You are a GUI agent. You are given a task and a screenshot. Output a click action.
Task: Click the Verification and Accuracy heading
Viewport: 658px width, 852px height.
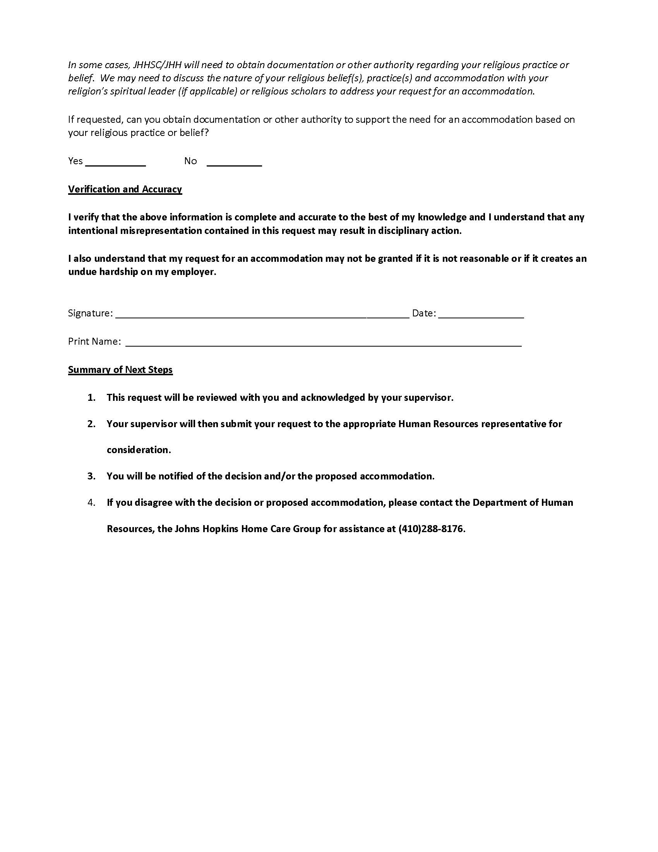coord(125,189)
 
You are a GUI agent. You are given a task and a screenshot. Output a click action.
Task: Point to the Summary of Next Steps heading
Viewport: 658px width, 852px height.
coord(120,369)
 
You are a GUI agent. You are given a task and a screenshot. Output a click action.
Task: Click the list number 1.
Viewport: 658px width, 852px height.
coord(91,397)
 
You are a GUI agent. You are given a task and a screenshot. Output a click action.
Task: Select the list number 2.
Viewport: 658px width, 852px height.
coord(91,424)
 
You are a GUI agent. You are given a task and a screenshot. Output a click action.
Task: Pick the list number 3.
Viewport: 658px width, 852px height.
coord(91,476)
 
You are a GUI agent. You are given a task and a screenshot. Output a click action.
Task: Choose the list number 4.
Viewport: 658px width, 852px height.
coord(91,502)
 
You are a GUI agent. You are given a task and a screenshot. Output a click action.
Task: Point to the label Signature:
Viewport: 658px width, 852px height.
coord(91,313)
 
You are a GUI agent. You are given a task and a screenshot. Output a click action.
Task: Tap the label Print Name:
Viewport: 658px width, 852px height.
coord(94,341)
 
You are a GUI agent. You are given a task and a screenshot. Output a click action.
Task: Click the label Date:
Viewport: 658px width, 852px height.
coord(424,313)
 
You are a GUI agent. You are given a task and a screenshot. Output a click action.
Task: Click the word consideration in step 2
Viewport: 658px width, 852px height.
coord(139,450)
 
